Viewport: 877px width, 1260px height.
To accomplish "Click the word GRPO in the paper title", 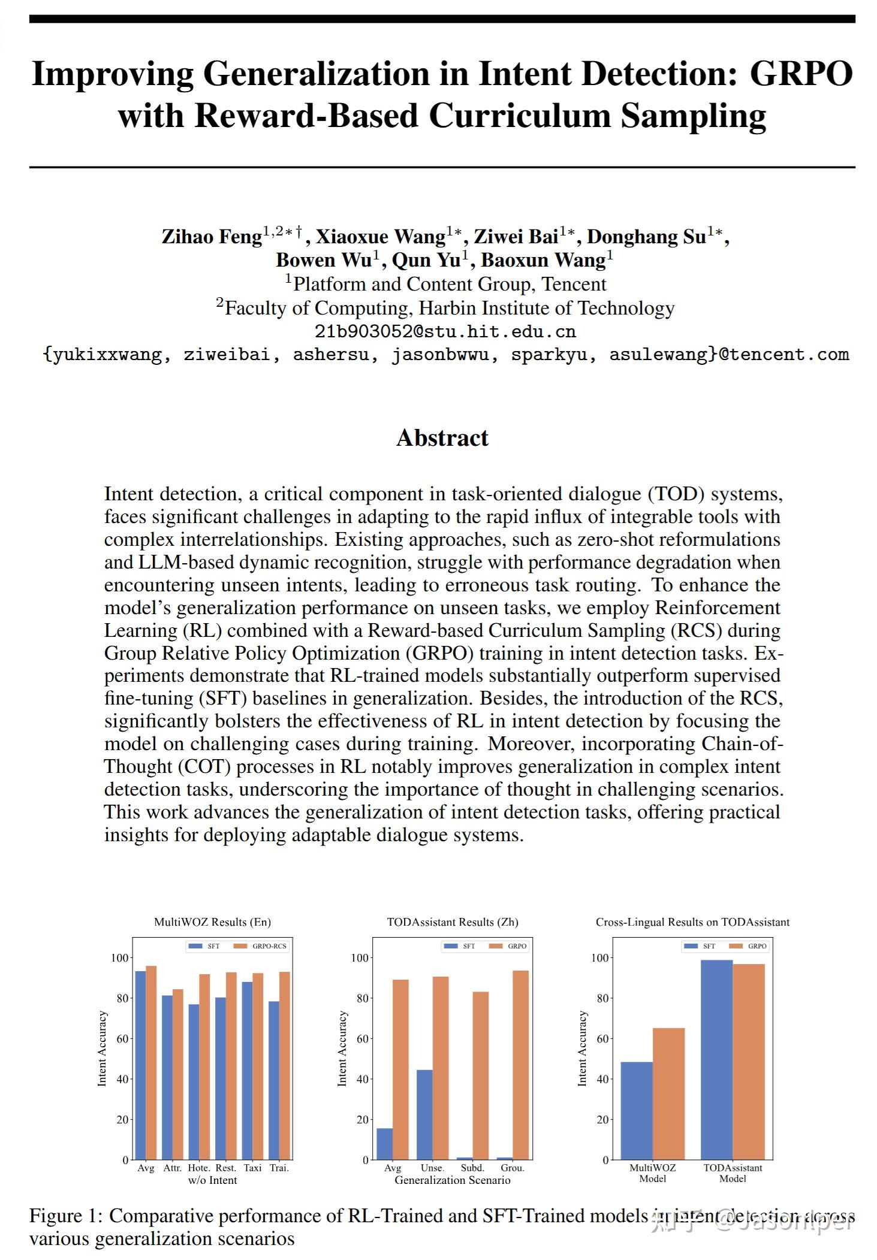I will pyautogui.click(x=801, y=75).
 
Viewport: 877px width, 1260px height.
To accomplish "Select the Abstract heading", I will pyautogui.click(x=442, y=438).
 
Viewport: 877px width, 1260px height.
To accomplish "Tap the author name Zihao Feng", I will pyautogui.click(x=212, y=237).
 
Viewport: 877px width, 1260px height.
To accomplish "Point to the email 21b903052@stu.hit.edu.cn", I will pyautogui.click(x=445, y=331).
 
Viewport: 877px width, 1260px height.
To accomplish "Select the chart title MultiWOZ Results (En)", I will pyautogui.click(x=212, y=921).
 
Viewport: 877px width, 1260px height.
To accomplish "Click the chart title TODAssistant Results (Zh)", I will pyautogui.click(x=452, y=921).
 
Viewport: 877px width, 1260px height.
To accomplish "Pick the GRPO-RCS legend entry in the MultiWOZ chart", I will pyautogui.click(x=269, y=946).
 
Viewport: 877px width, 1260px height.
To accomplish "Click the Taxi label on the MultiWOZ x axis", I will pyautogui.click(x=252, y=1168).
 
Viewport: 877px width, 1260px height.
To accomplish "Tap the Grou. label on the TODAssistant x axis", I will pyautogui.click(x=512, y=1168).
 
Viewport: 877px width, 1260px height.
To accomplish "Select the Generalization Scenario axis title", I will pyautogui.click(x=452, y=1180).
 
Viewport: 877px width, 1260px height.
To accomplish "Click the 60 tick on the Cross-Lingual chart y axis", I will pyautogui.click(x=603, y=1039).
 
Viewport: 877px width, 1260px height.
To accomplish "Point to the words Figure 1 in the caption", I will pyautogui.click(x=64, y=1216).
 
